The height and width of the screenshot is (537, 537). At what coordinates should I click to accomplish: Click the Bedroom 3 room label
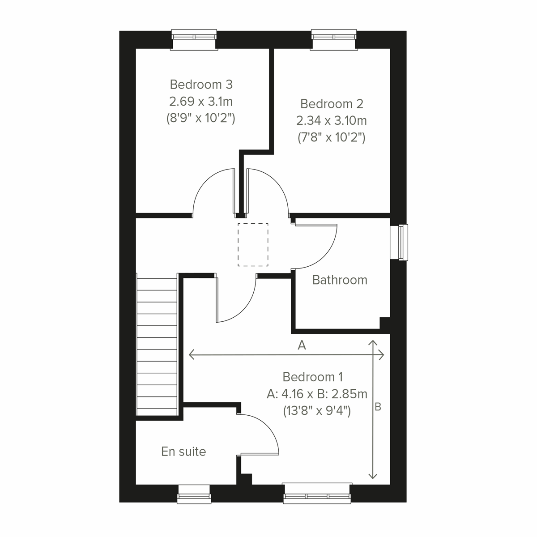[x=201, y=84]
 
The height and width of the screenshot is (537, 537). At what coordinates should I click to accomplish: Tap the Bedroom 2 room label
[x=332, y=104]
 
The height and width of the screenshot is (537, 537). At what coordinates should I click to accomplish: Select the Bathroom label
[x=340, y=280]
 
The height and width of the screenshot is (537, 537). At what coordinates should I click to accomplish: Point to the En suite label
[x=183, y=452]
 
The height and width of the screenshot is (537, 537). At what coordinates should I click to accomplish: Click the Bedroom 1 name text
[x=313, y=377]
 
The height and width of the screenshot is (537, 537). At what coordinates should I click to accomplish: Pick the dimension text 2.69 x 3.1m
[x=201, y=102]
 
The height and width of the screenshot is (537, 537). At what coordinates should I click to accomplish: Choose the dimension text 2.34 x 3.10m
[x=332, y=121]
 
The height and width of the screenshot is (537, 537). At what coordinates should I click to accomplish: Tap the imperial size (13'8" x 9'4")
[x=317, y=411]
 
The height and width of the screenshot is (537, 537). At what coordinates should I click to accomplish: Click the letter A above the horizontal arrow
[x=302, y=345]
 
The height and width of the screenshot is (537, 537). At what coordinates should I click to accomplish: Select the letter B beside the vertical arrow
[x=378, y=407]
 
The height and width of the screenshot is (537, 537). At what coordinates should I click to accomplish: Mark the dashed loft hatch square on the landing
[x=253, y=244]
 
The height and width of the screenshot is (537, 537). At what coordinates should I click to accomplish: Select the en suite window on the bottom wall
[x=194, y=494]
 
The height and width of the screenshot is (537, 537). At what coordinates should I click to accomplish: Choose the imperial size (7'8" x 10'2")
[x=332, y=138]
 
